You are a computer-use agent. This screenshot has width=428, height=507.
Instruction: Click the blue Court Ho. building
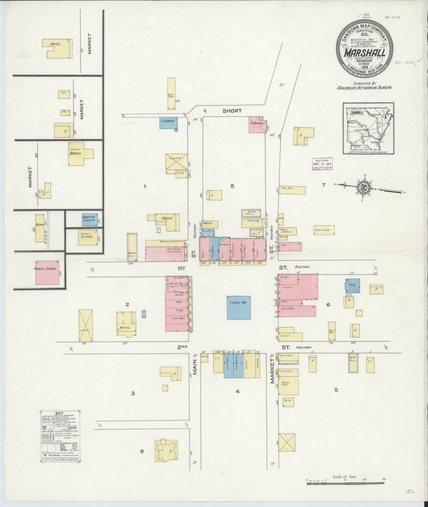pos(238,308)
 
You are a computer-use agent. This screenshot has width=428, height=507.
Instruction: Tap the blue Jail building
pos(352,285)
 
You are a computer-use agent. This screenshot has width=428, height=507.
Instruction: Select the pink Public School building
pos(47,272)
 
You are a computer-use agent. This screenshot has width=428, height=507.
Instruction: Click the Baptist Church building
pos(89,220)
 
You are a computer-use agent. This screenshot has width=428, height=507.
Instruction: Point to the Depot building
pos(40,228)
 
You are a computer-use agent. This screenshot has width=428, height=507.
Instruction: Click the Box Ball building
pos(292,190)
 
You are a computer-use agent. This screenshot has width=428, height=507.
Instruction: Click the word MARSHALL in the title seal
pos(364,54)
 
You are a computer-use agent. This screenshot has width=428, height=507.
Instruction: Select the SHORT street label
pos(232,111)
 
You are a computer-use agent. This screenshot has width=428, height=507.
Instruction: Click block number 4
pos(237,391)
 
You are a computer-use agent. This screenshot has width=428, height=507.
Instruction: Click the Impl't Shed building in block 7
pos(324,230)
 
